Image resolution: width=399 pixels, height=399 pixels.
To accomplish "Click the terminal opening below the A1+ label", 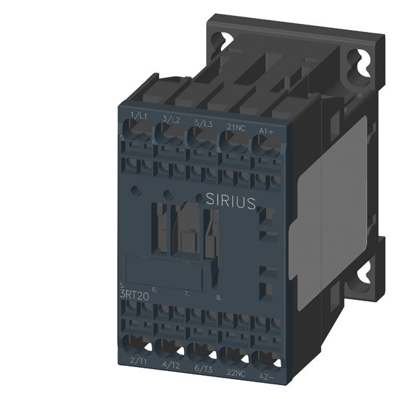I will coord(264,142).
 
